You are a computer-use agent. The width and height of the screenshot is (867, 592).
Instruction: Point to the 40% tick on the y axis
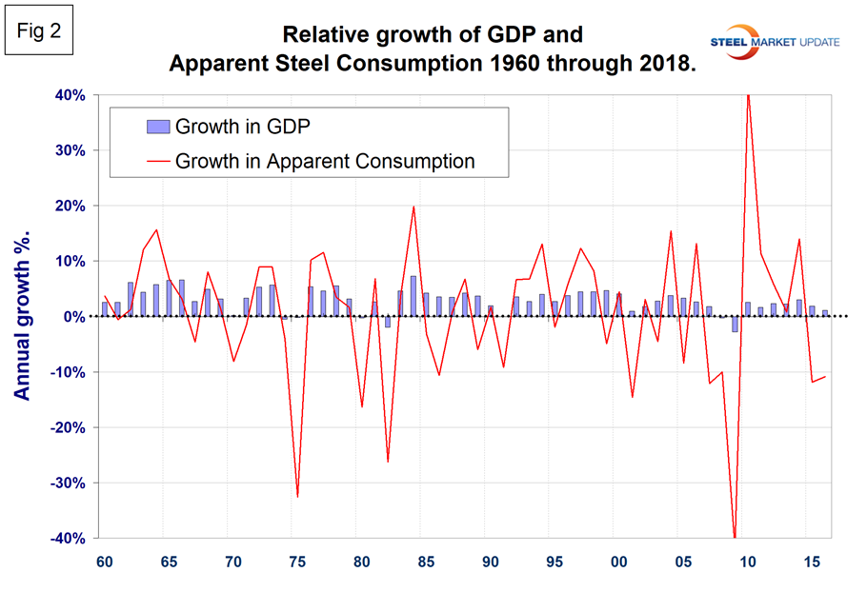[x=71, y=95]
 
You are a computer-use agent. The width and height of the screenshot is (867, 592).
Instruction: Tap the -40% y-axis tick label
[x=68, y=539]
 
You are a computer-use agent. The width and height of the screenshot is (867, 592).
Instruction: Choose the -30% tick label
[x=68, y=483]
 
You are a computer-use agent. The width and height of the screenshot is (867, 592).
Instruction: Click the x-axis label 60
[x=104, y=562]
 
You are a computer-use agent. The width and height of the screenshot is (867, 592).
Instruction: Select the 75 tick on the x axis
[x=297, y=562]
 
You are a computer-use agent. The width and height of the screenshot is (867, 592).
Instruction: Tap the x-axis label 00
[x=618, y=562]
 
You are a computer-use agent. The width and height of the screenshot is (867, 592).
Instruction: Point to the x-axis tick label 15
[x=811, y=562]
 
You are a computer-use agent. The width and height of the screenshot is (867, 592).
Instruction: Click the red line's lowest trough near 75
[x=297, y=496]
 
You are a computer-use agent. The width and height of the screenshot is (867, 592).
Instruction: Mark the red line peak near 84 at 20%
[x=413, y=207]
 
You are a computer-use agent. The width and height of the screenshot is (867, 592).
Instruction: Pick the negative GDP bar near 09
[x=735, y=325]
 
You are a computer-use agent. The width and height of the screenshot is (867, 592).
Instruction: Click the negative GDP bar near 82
[x=388, y=322]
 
